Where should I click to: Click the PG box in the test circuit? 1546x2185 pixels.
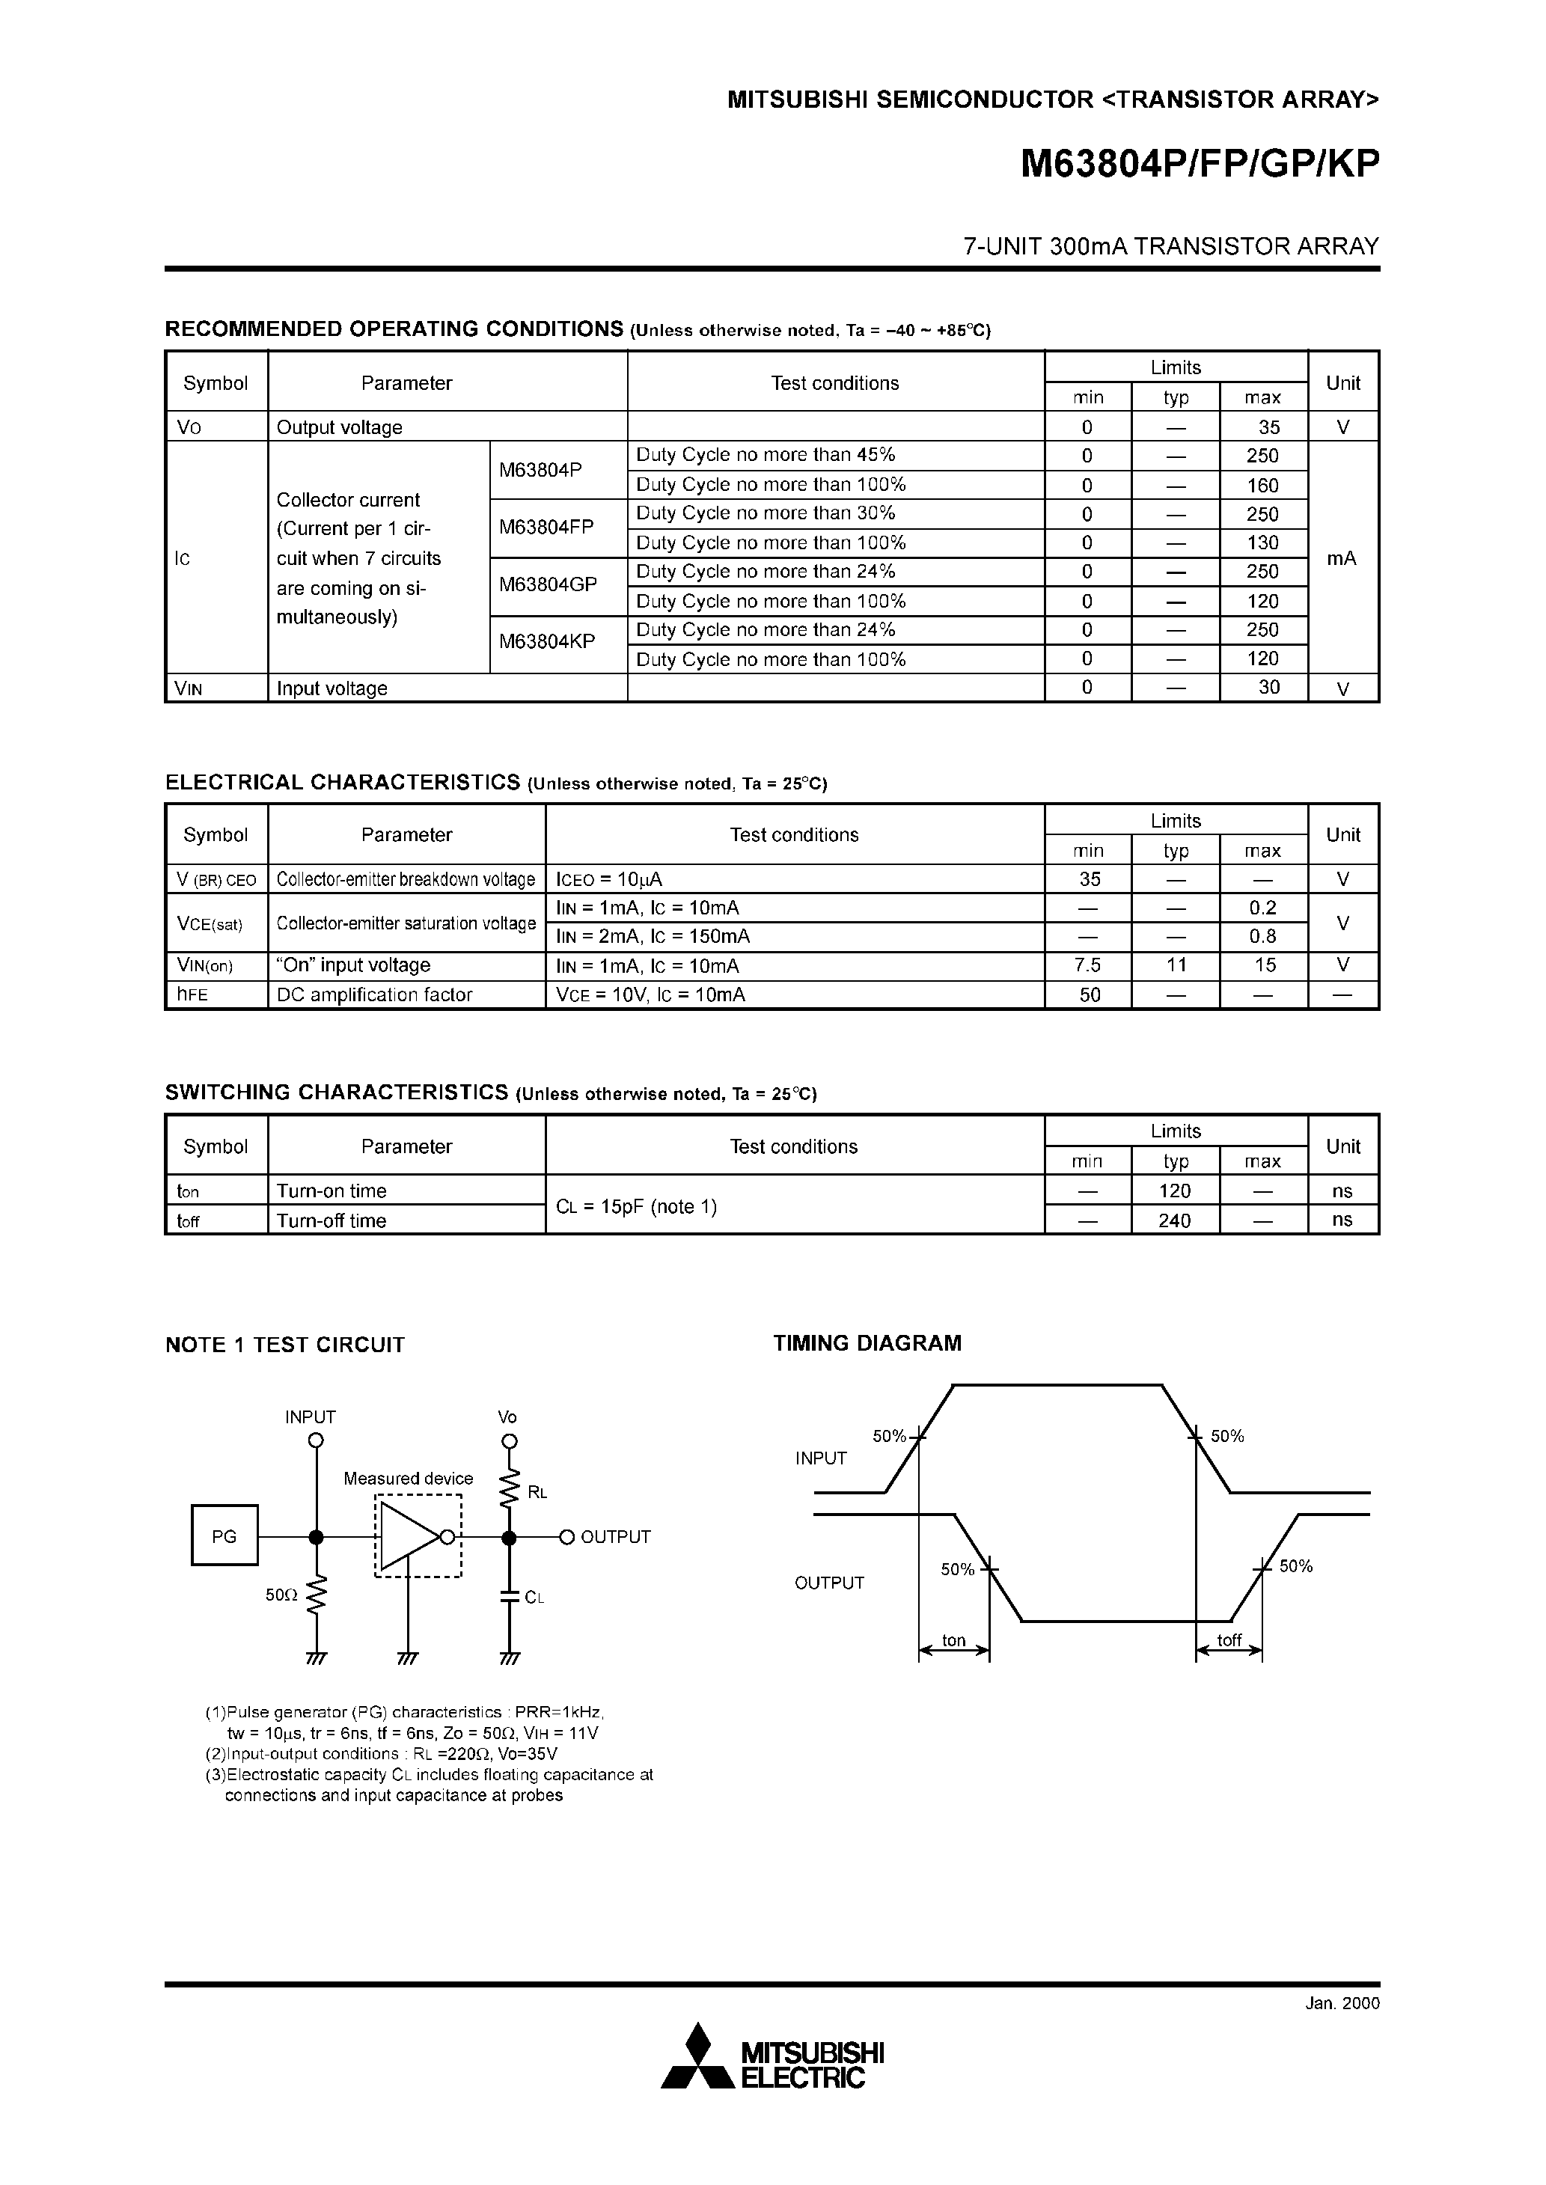tap(224, 1536)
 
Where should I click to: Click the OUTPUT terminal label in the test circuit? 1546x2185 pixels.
tap(615, 1537)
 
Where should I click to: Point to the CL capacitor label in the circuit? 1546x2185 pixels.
tap(534, 1598)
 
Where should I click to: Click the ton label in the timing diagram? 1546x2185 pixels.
tap(954, 1641)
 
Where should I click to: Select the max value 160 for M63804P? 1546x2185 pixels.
tap(1262, 486)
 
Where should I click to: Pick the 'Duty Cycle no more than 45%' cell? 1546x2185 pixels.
tap(766, 455)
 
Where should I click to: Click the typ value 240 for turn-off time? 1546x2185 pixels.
tap(1175, 1220)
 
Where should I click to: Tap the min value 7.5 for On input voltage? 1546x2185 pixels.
tap(1087, 965)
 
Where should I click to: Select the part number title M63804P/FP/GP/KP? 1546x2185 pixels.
tap(1200, 165)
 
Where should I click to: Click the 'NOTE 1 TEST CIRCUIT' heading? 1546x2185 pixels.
tap(284, 1345)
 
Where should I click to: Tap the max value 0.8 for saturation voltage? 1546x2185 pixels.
tap(1262, 936)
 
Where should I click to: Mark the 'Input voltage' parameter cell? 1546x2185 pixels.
tap(331, 688)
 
